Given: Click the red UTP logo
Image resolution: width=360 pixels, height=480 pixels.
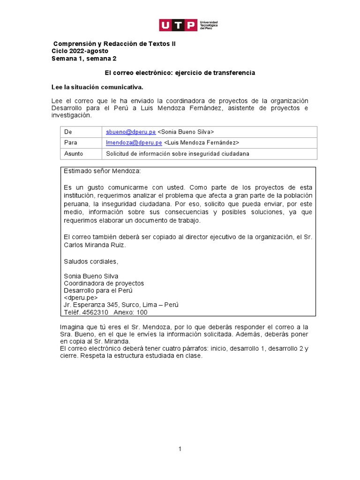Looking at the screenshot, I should (178, 25).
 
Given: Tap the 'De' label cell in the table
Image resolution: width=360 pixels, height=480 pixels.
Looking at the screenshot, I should (68, 132).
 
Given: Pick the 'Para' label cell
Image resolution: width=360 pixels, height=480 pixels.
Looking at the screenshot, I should (70, 142).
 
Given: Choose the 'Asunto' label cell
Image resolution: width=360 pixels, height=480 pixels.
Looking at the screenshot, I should (73, 154).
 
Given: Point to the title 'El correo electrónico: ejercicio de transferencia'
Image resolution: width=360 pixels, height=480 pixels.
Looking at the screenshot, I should (180, 73).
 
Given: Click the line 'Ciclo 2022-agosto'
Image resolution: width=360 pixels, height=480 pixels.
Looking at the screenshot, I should (80, 51).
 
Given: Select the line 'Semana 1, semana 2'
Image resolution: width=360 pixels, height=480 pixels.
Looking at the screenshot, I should (83, 59).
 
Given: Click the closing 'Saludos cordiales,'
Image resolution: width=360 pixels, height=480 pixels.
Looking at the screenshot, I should (91, 261).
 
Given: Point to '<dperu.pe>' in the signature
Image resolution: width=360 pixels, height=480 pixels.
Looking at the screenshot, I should (81, 298).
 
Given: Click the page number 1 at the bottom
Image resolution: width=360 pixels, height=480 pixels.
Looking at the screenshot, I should (180, 449).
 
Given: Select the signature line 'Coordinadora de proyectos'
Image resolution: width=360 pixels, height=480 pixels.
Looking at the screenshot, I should (104, 283).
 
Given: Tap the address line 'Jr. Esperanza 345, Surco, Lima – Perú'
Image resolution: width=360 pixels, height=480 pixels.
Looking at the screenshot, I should (121, 305).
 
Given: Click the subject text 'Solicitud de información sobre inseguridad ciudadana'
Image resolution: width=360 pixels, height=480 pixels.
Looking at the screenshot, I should (178, 154).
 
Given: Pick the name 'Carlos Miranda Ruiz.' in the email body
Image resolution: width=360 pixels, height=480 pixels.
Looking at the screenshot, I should (95, 245).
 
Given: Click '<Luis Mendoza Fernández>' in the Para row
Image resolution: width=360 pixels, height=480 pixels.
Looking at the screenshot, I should (202, 142).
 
